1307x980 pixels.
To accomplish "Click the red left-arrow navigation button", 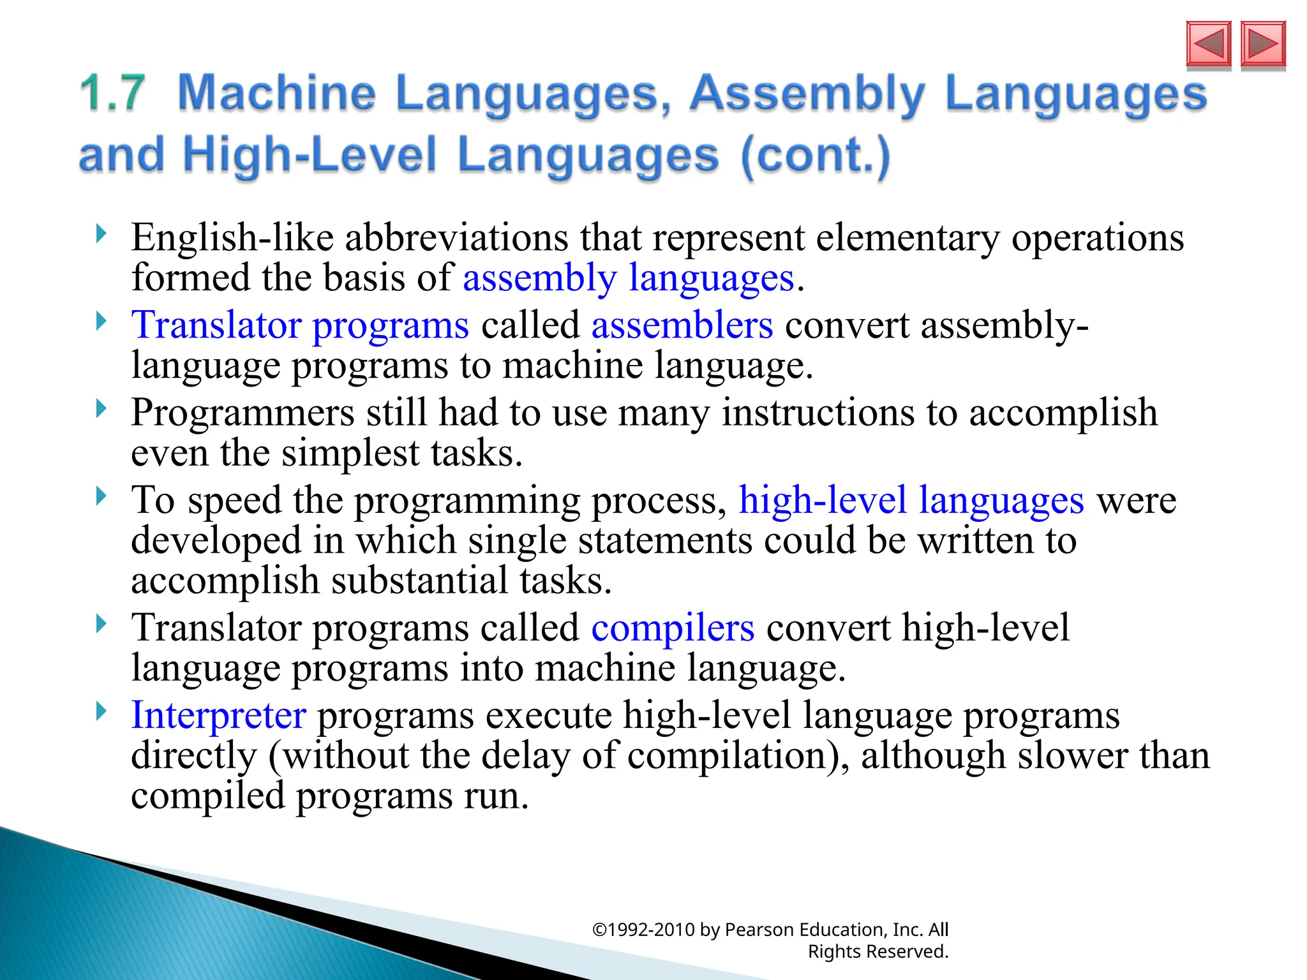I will [x=1208, y=44].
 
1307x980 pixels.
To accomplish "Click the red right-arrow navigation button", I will [x=1263, y=44].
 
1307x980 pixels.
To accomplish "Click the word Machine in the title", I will [x=276, y=93].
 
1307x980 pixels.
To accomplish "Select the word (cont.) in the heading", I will [x=816, y=156].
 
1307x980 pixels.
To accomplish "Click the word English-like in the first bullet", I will [x=232, y=237].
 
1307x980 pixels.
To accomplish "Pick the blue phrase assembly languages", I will [x=629, y=278].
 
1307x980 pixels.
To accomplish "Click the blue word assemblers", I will [x=682, y=325].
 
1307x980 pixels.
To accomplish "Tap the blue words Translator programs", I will [x=300, y=325].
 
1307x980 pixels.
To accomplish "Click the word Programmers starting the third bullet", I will [x=243, y=412].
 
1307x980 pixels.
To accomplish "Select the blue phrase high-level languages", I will [x=911, y=500].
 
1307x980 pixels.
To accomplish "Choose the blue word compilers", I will [x=673, y=628].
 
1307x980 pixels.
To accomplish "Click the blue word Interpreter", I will [x=218, y=715].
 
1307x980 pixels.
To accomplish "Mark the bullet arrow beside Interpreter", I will [x=101, y=711].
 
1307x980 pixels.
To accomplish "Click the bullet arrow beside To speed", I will [x=101, y=496].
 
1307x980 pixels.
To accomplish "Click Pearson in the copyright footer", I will [x=759, y=930].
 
